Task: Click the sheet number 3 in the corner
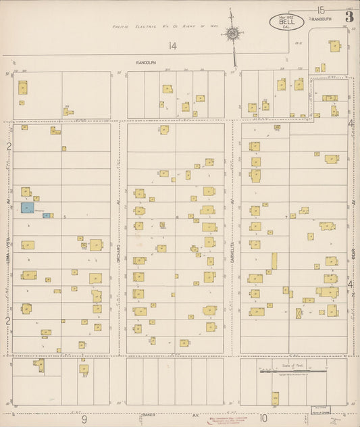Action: [x=349, y=17]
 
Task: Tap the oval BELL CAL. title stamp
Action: [x=286, y=22]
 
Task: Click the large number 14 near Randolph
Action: [x=173, y=46]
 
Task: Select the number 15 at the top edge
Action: [x=321, y=9]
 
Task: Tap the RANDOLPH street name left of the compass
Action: [x=146, y=62]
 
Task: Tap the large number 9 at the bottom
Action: [x=85, y=420]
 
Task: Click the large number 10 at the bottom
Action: [x=262, y=420]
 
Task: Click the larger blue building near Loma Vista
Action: [x=27, y=207]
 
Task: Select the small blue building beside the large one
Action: [x=46, y=216]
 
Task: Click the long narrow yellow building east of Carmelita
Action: [x=274, y=261]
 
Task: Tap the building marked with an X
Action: [x=299, y=313]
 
